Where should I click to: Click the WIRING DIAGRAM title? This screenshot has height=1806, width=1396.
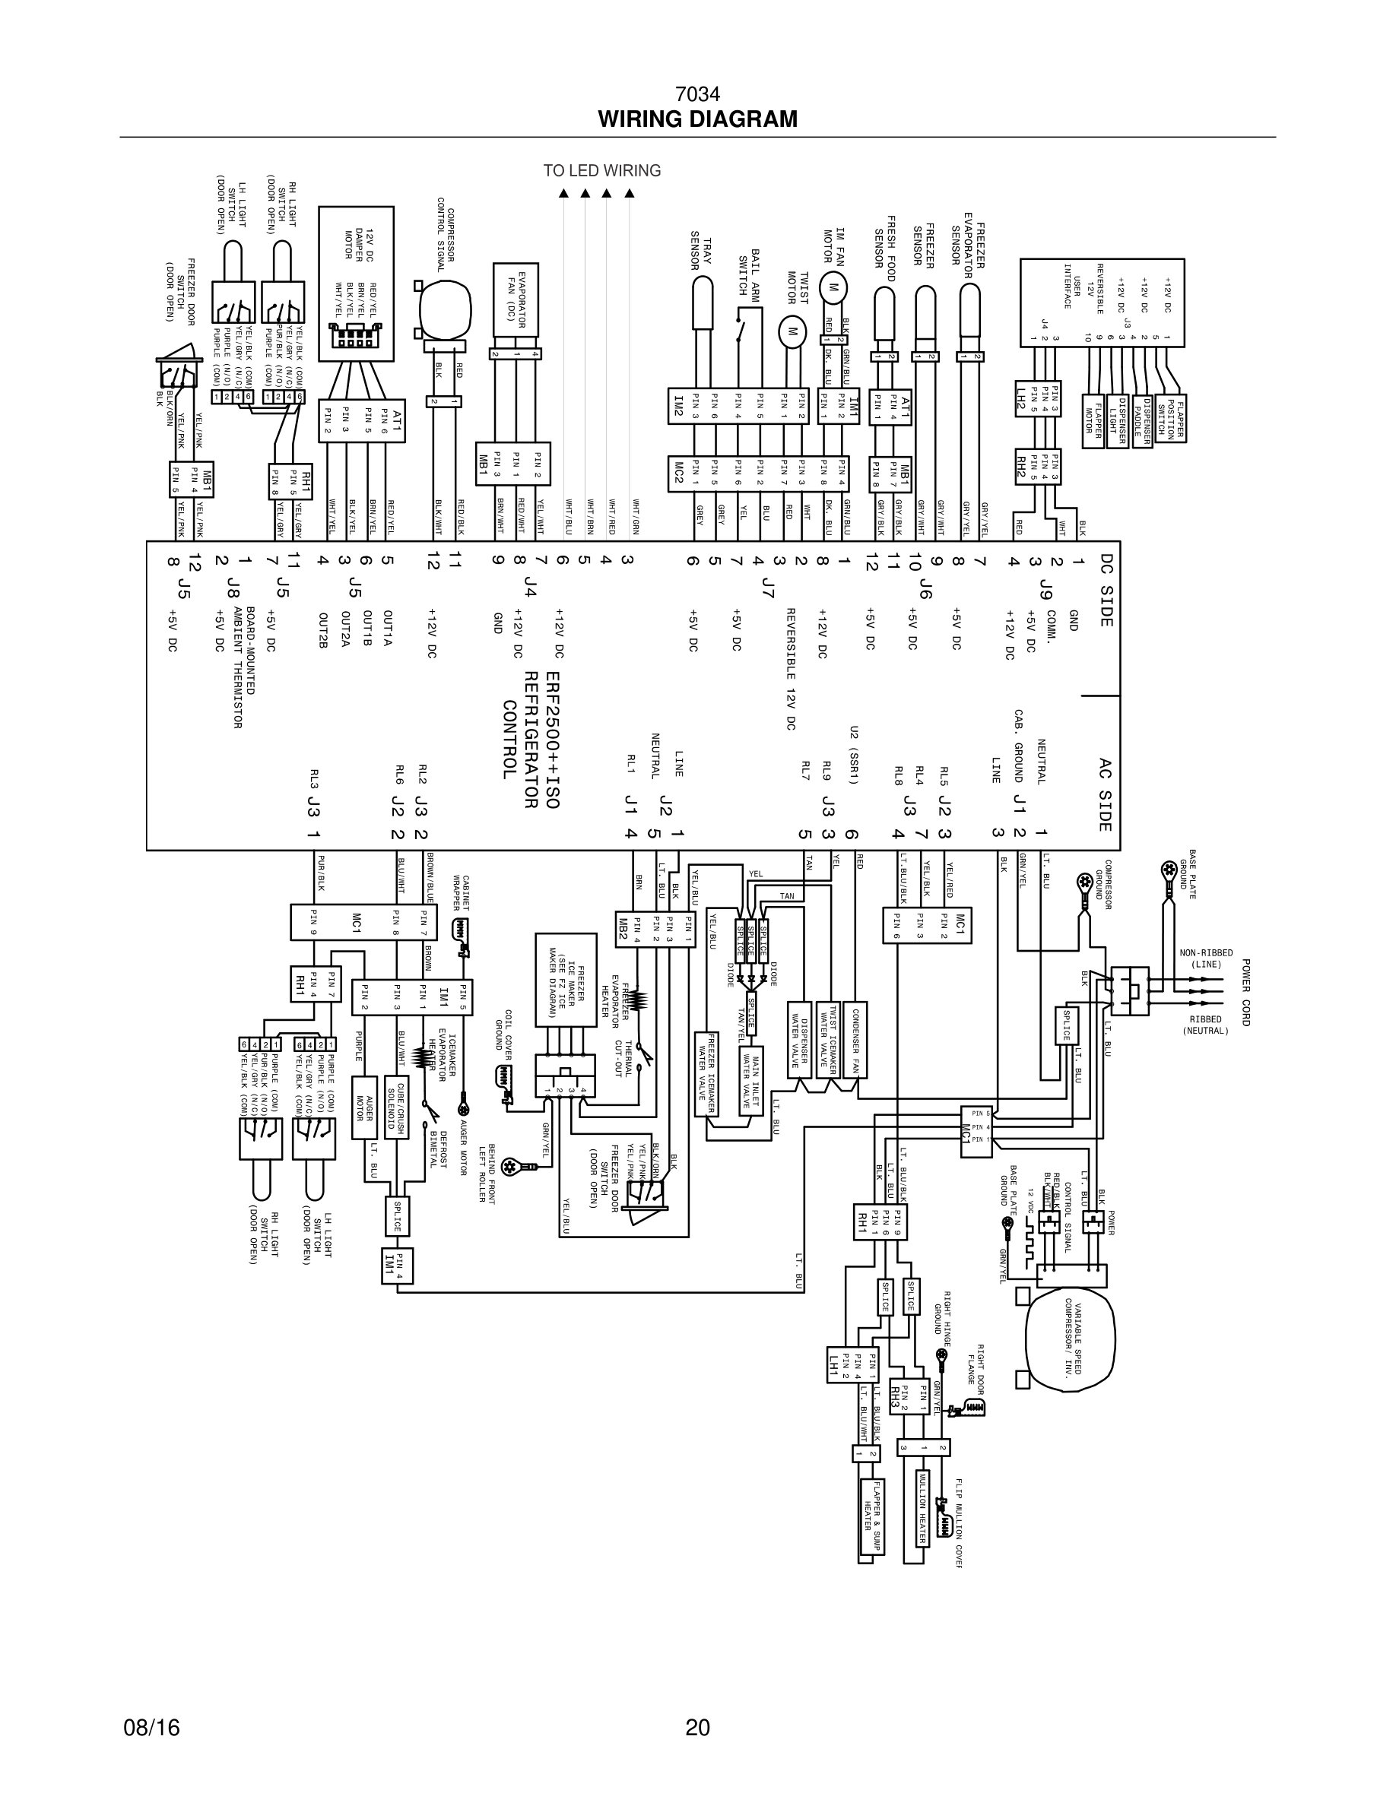[x=697, y=119]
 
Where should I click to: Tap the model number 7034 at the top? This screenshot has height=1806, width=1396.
[x=697, y=93]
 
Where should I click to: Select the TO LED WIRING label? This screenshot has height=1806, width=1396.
[x=602, y=170]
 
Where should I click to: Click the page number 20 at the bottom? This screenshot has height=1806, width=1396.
[x=697, y=1728]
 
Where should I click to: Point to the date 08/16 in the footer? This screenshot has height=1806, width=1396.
[x=151, y=1728]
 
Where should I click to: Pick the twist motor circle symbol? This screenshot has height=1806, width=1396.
[x=792, y=331]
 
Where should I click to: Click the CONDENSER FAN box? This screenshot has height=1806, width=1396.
[x=859, y=1042]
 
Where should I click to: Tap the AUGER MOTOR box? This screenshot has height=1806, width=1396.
[x=365, y=1107]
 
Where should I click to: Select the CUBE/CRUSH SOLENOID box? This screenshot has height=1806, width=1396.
[x=396, y=1107]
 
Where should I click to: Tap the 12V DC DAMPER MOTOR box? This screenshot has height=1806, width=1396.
[x=357, y=283]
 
